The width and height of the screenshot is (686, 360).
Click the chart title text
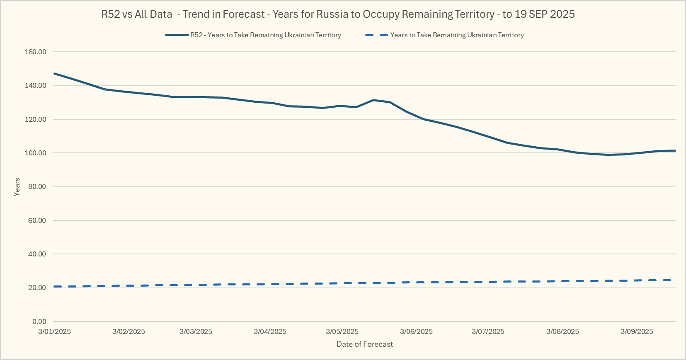pyautogui.click(x=338, y=14)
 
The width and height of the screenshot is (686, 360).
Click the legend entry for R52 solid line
pyautogui.click(x=265, y=35)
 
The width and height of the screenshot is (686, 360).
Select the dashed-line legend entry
pyautogui.click(x=457, y=35)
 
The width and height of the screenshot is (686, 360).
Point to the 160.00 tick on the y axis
pyautogui.click(x=36, y=52)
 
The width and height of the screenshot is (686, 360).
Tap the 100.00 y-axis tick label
pyautogui.click(x=36, y=153)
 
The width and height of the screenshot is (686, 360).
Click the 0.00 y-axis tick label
pyautogui.click(x=39, y=321)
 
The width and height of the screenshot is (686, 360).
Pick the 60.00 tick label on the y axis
pyautogui.click(x=37, y=220)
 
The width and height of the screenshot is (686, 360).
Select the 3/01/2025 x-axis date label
pyautogui.click(x=54, y=331)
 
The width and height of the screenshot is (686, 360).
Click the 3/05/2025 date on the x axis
pyautogui.click(x=342, y=331)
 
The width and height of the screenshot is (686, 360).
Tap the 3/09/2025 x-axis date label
pyautogui.click(x=637, y=331)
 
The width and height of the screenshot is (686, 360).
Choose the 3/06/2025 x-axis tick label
pyautogui.click(x=416, y=331)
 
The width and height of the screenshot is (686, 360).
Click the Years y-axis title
pyautogui.click(x=17, y=187)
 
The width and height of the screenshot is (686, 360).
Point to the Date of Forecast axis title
pyautogui.click(x=365, y=344)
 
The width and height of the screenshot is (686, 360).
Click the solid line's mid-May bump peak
pyautogui.click(x=373, y=100)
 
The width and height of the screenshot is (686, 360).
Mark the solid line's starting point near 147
pyautogui.click(x=55, y=74)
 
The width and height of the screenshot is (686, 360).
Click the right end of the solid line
pyautogui.click(x=675, y=150)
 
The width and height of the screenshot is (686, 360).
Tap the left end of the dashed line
pyautogui.click(x=55, y=286)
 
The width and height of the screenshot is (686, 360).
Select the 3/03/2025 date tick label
pyautogui.click(x=196, y=331)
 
